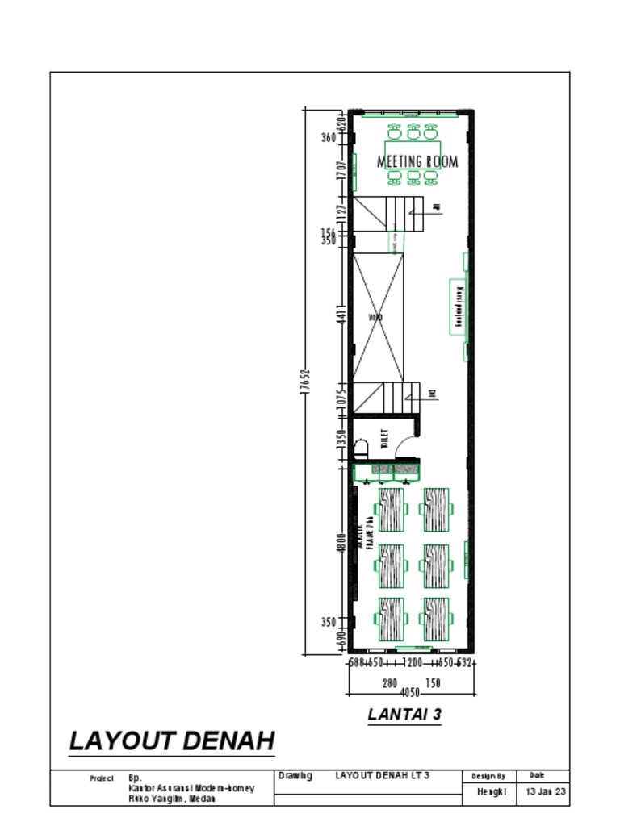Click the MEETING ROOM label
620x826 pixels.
coord(417,161)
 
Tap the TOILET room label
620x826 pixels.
coord(384,439)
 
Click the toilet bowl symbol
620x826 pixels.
coord(361,448)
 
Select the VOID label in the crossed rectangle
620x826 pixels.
coord(375,318)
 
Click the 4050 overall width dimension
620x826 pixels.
coord(411,693)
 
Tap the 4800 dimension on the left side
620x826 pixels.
coord(342,541)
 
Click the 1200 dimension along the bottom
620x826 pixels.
coord(413,663)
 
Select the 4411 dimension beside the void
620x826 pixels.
coord(342,317)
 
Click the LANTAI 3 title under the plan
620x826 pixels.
coord(404,714)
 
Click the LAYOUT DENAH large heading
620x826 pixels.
coord(172,740)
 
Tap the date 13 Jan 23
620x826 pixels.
coord(547,791)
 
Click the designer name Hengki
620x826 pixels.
coord(492,791)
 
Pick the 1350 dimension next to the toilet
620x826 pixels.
coord(342,439)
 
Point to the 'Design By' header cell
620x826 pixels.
coord(488,776)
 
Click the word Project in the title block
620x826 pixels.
coord(101,779)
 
